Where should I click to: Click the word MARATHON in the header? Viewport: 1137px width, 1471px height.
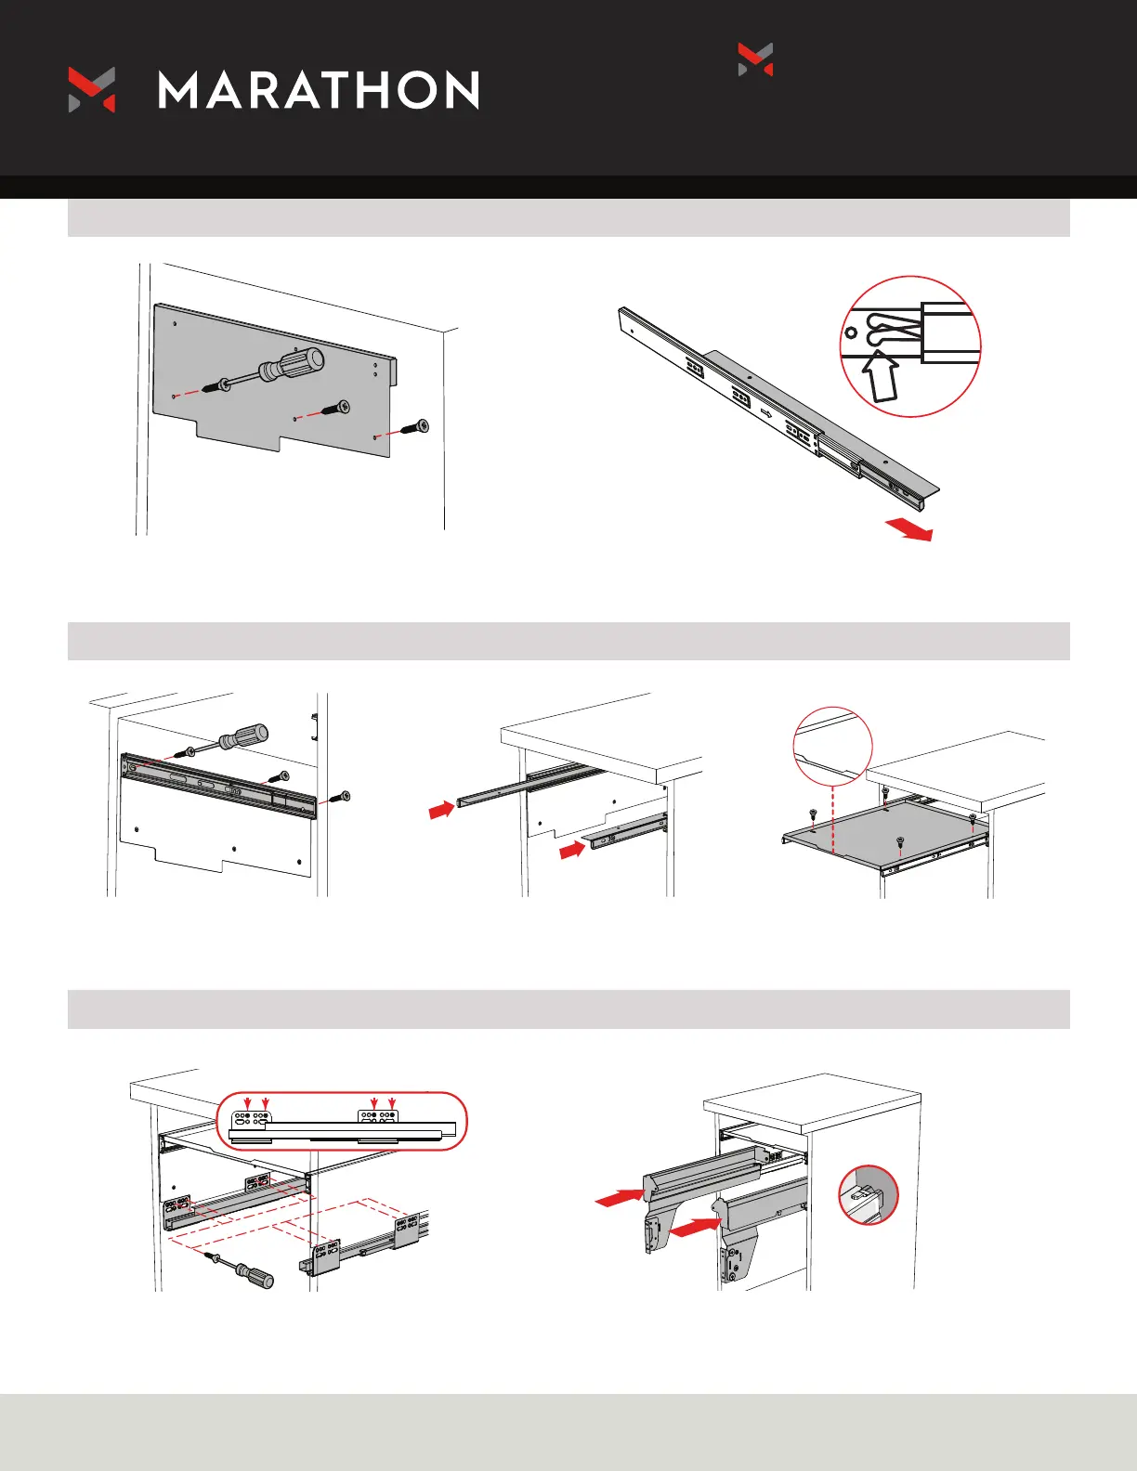(319, 90)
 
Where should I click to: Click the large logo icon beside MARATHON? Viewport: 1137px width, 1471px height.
(92, 90)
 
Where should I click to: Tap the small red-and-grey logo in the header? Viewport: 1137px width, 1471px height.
(755, 59)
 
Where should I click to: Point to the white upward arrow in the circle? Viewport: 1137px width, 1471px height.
(881, 375)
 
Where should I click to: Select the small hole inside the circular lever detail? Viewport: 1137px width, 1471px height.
(850, 332)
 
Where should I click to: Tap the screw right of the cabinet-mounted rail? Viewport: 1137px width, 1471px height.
(345, 796)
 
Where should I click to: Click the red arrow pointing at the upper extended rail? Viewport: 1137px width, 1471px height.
(440, 811)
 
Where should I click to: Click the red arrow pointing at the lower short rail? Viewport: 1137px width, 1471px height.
(572, 849)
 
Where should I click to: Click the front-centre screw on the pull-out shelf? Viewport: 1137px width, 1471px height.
(899, 842)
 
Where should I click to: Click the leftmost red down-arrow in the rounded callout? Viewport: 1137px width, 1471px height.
(247, 1104)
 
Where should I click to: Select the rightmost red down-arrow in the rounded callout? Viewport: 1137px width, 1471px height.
(391, 1104)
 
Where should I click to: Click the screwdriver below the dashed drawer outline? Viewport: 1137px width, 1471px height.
(252, 1275)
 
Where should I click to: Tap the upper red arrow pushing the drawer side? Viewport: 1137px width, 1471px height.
(619, 1197)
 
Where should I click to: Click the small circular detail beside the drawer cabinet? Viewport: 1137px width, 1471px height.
(869, 1194)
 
